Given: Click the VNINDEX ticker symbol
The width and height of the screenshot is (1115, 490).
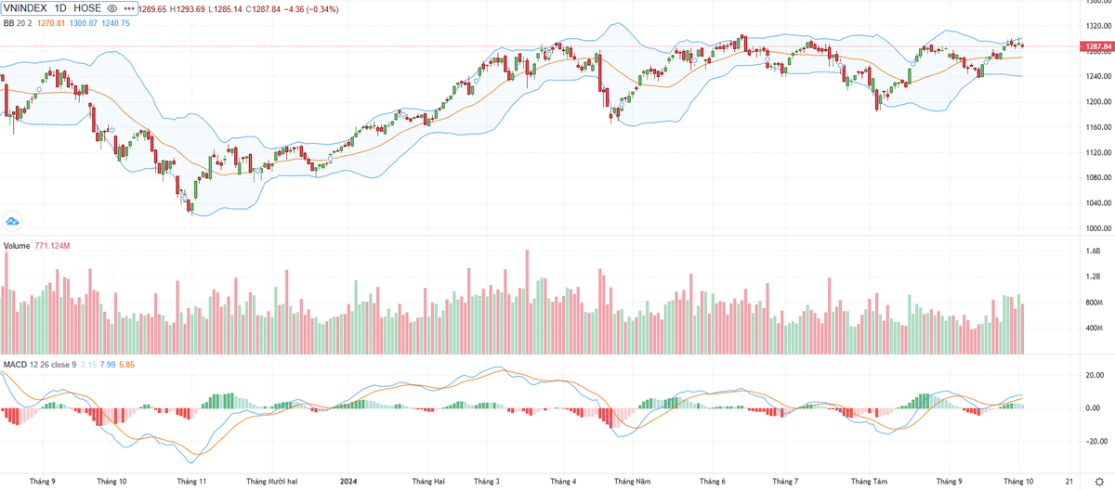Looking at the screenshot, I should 24,8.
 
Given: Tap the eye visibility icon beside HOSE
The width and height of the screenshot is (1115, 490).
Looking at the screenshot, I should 112,8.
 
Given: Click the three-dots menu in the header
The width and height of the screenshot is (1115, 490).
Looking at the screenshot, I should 128,8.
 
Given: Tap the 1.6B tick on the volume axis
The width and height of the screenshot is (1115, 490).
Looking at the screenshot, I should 1093,251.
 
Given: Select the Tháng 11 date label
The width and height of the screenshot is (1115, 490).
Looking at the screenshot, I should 191,482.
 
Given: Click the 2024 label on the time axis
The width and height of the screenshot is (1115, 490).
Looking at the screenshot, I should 348,482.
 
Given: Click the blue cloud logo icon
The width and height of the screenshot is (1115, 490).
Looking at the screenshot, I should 12,221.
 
